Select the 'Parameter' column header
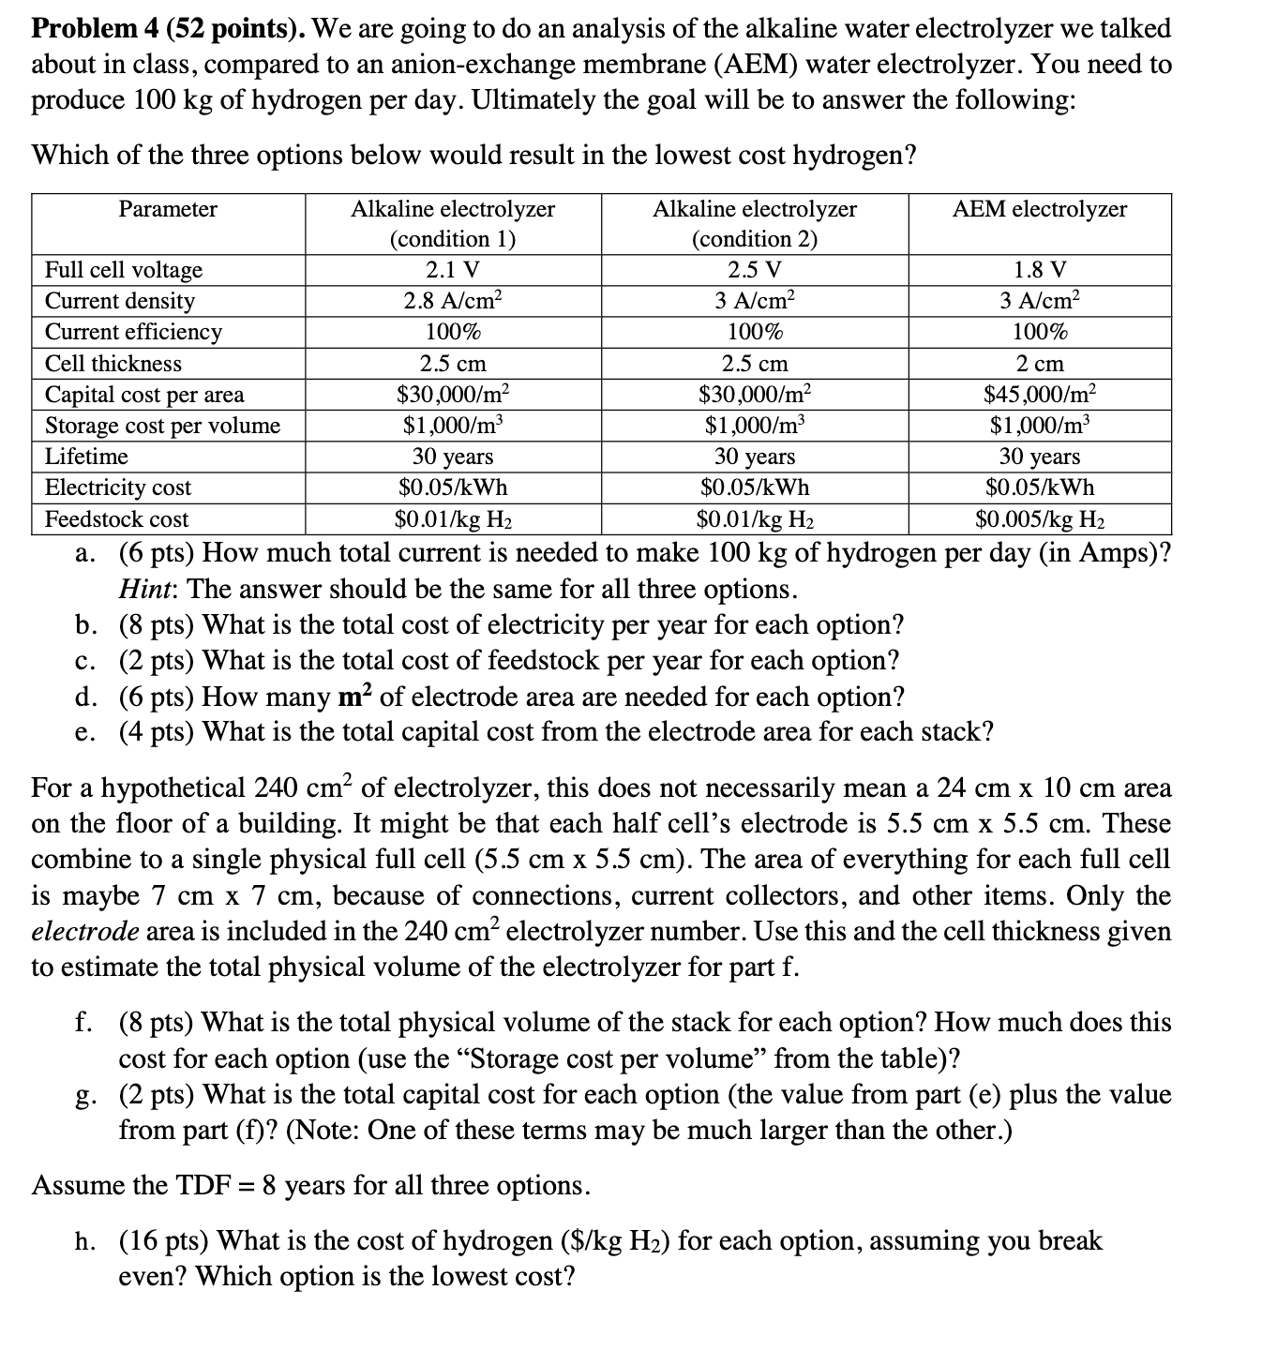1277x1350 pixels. coord(168,209)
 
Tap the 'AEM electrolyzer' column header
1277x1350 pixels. coord(1039,209)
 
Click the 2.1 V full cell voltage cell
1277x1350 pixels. coord(452,270)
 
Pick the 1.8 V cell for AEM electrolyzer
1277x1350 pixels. coord(1039,270)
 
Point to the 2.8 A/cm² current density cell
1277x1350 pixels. coord(452,301)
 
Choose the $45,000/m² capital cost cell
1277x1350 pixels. coord(1039,394)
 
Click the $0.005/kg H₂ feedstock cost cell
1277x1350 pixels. coord(1039,518)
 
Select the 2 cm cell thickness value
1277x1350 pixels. coord(1039,363)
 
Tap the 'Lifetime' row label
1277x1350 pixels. coord(87,457)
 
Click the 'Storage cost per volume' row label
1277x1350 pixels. coord(163,426)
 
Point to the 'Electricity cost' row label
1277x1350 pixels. coord(118,487)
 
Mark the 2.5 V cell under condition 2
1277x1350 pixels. coord(754,270)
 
